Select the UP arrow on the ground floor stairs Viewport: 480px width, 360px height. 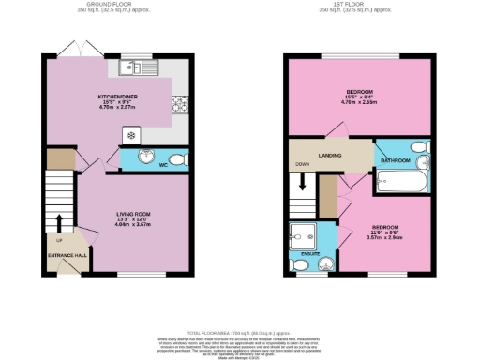click(59, 223)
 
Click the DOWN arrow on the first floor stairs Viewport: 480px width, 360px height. click(303, 180)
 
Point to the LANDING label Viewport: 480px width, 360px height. click(330, 155)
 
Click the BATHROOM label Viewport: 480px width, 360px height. click(395, 160)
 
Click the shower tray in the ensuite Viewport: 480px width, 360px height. click(304, 233)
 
